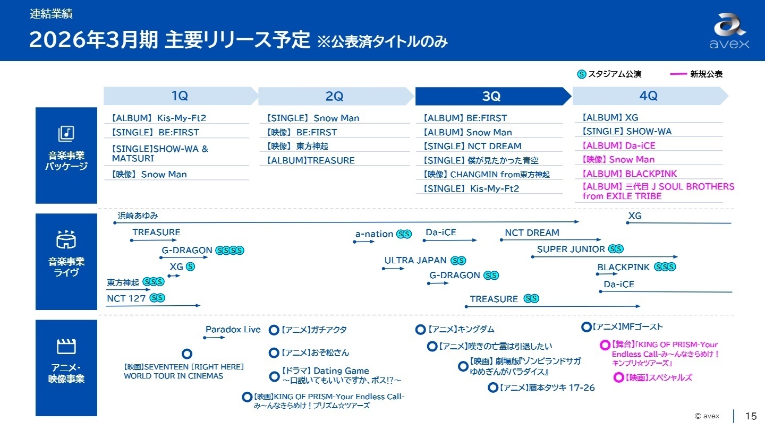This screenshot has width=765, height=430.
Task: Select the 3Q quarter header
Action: click(491, 96)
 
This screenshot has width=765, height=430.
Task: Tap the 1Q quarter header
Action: click(180, 96)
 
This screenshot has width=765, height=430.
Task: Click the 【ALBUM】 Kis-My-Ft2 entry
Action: click(159, 118)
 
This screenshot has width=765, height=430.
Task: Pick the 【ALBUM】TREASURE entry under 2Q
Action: click(310, 160)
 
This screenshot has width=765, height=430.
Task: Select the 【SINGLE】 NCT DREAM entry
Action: click(472, 146)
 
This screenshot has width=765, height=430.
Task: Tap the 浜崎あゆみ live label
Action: click(138, 216)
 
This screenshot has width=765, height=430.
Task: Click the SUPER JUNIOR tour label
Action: click(571, 249)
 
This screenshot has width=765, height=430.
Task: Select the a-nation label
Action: click(374, 234)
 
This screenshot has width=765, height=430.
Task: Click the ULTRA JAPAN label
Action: click(416, 261)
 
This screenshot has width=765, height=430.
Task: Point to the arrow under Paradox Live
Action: click(214, 338)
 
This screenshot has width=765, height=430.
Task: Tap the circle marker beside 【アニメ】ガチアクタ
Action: click(274, 330)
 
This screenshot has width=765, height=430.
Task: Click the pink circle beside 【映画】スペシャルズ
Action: click(618, 377)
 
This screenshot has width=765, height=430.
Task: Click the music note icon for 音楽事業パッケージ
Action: click(66, 133)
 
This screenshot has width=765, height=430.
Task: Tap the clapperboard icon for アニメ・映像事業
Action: click(66, 347)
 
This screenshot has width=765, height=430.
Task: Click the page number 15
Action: click(751, 416)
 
